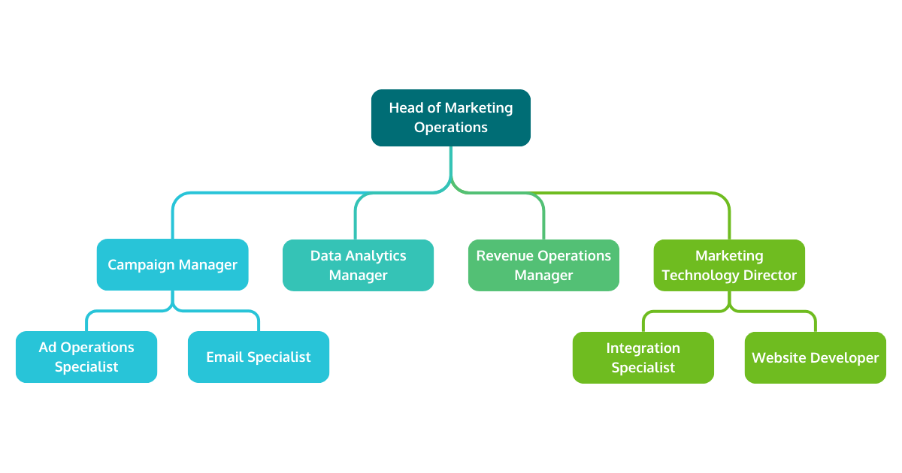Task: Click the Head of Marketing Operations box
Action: pos(451,118)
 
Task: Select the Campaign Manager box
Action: pos(172,264)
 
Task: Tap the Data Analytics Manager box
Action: pos(358,265)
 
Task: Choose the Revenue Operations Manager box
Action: pos(543,265)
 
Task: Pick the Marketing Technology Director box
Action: pos(729,265)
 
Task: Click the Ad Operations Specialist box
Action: pos(86,357)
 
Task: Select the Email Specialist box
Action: pos(259,357)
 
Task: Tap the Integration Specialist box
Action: pos(643,357)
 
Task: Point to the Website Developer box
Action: pos(815,357)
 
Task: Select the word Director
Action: pos(770,276)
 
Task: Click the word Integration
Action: pos(643,348)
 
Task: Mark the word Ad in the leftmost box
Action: pos(47,348)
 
